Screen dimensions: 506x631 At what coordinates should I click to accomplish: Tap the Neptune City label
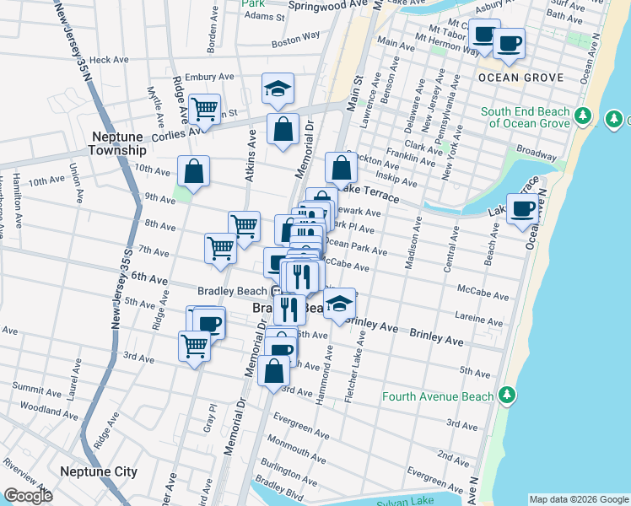[x=99, y=471]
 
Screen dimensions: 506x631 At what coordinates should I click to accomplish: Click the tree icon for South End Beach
[x=582, y=116]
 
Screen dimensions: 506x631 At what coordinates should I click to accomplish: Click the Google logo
[x=29, y=497]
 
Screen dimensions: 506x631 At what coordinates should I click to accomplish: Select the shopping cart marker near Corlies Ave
[x=205, y=108]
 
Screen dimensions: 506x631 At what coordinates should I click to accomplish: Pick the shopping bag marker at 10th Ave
[x=194, y=171]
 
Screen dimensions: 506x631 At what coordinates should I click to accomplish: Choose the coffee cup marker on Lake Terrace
[x=523, y=208]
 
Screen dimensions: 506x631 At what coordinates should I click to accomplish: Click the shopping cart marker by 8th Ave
[x=244, y=226]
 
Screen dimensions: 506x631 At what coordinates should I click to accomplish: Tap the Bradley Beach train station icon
[x=276, y=291]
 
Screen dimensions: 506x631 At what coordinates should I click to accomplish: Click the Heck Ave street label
[x=108, y=60]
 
